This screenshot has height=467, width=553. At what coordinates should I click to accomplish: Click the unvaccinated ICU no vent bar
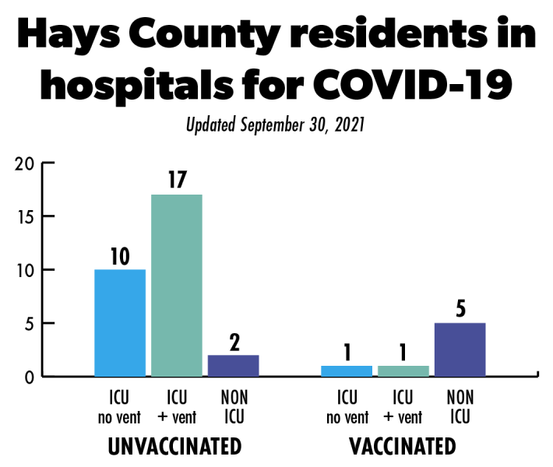coord(120,323)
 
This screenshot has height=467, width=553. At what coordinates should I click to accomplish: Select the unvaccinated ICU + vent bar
coord(177,286)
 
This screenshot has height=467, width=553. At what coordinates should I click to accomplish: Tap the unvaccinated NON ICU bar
coord(234,366)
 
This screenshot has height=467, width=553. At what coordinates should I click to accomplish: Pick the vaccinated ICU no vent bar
coord(347,371)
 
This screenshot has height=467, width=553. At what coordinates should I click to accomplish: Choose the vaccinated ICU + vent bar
coord(403,371)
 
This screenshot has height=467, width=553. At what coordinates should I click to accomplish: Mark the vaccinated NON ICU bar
coord(460,349)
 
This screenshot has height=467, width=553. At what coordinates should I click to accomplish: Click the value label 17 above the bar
coord(177,180)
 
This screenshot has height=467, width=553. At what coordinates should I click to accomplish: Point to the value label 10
coord(120,255)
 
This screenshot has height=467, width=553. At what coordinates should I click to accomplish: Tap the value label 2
coord(234,341)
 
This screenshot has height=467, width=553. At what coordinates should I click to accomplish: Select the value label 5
coord(460,309)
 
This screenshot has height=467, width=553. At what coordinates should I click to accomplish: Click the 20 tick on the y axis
coord(26,163)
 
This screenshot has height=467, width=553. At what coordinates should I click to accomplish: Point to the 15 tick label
coord(26,216)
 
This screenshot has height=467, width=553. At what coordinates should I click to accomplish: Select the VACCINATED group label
coord(403,448)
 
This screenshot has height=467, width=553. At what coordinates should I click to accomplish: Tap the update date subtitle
coord(276,125)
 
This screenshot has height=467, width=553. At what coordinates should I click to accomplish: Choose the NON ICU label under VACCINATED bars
coord(460,408)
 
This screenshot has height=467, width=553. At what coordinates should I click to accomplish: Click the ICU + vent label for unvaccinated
coord(177,408)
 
